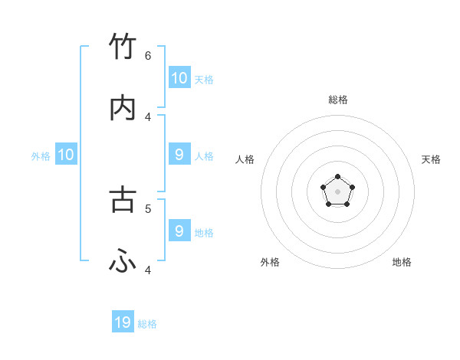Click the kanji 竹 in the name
pyautogui.click(x=123, y=47)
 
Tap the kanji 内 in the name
pyautogui.click(x=123, y=108)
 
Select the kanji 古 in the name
pyautogui.click(x=123, y=198)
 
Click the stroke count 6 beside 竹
pyautogui.click(x=148, y=55)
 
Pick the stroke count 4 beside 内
pyautogui.click(x=148, y=116)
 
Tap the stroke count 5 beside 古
pyautogui.click(x=148, y=208)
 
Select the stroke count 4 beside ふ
pyautogui.click(x=148, y=270)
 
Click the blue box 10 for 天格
pyautogui.click(x=179, y=77)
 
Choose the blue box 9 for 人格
pyautogui.click(x=179, y=155)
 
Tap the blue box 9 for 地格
pyautogui.click(x=179, y=231)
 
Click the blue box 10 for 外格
pyautogui.click(x=66, y=155)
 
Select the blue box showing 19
pyautogui.click(x=123, y=322)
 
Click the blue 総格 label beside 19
pyautogui.click(x=147, y=324)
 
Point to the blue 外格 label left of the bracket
pyautogui.click(x=41, y=156)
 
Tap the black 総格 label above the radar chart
pyautogui.click(x=338, y=100)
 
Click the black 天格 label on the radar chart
pyautogui.click(x=431, y=159)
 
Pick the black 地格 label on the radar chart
pyautogui.click(x=402, y=262)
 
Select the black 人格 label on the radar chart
pyautogui.click(x=245, y=159)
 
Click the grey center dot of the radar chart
pyautogui.click(x=337, y=191)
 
